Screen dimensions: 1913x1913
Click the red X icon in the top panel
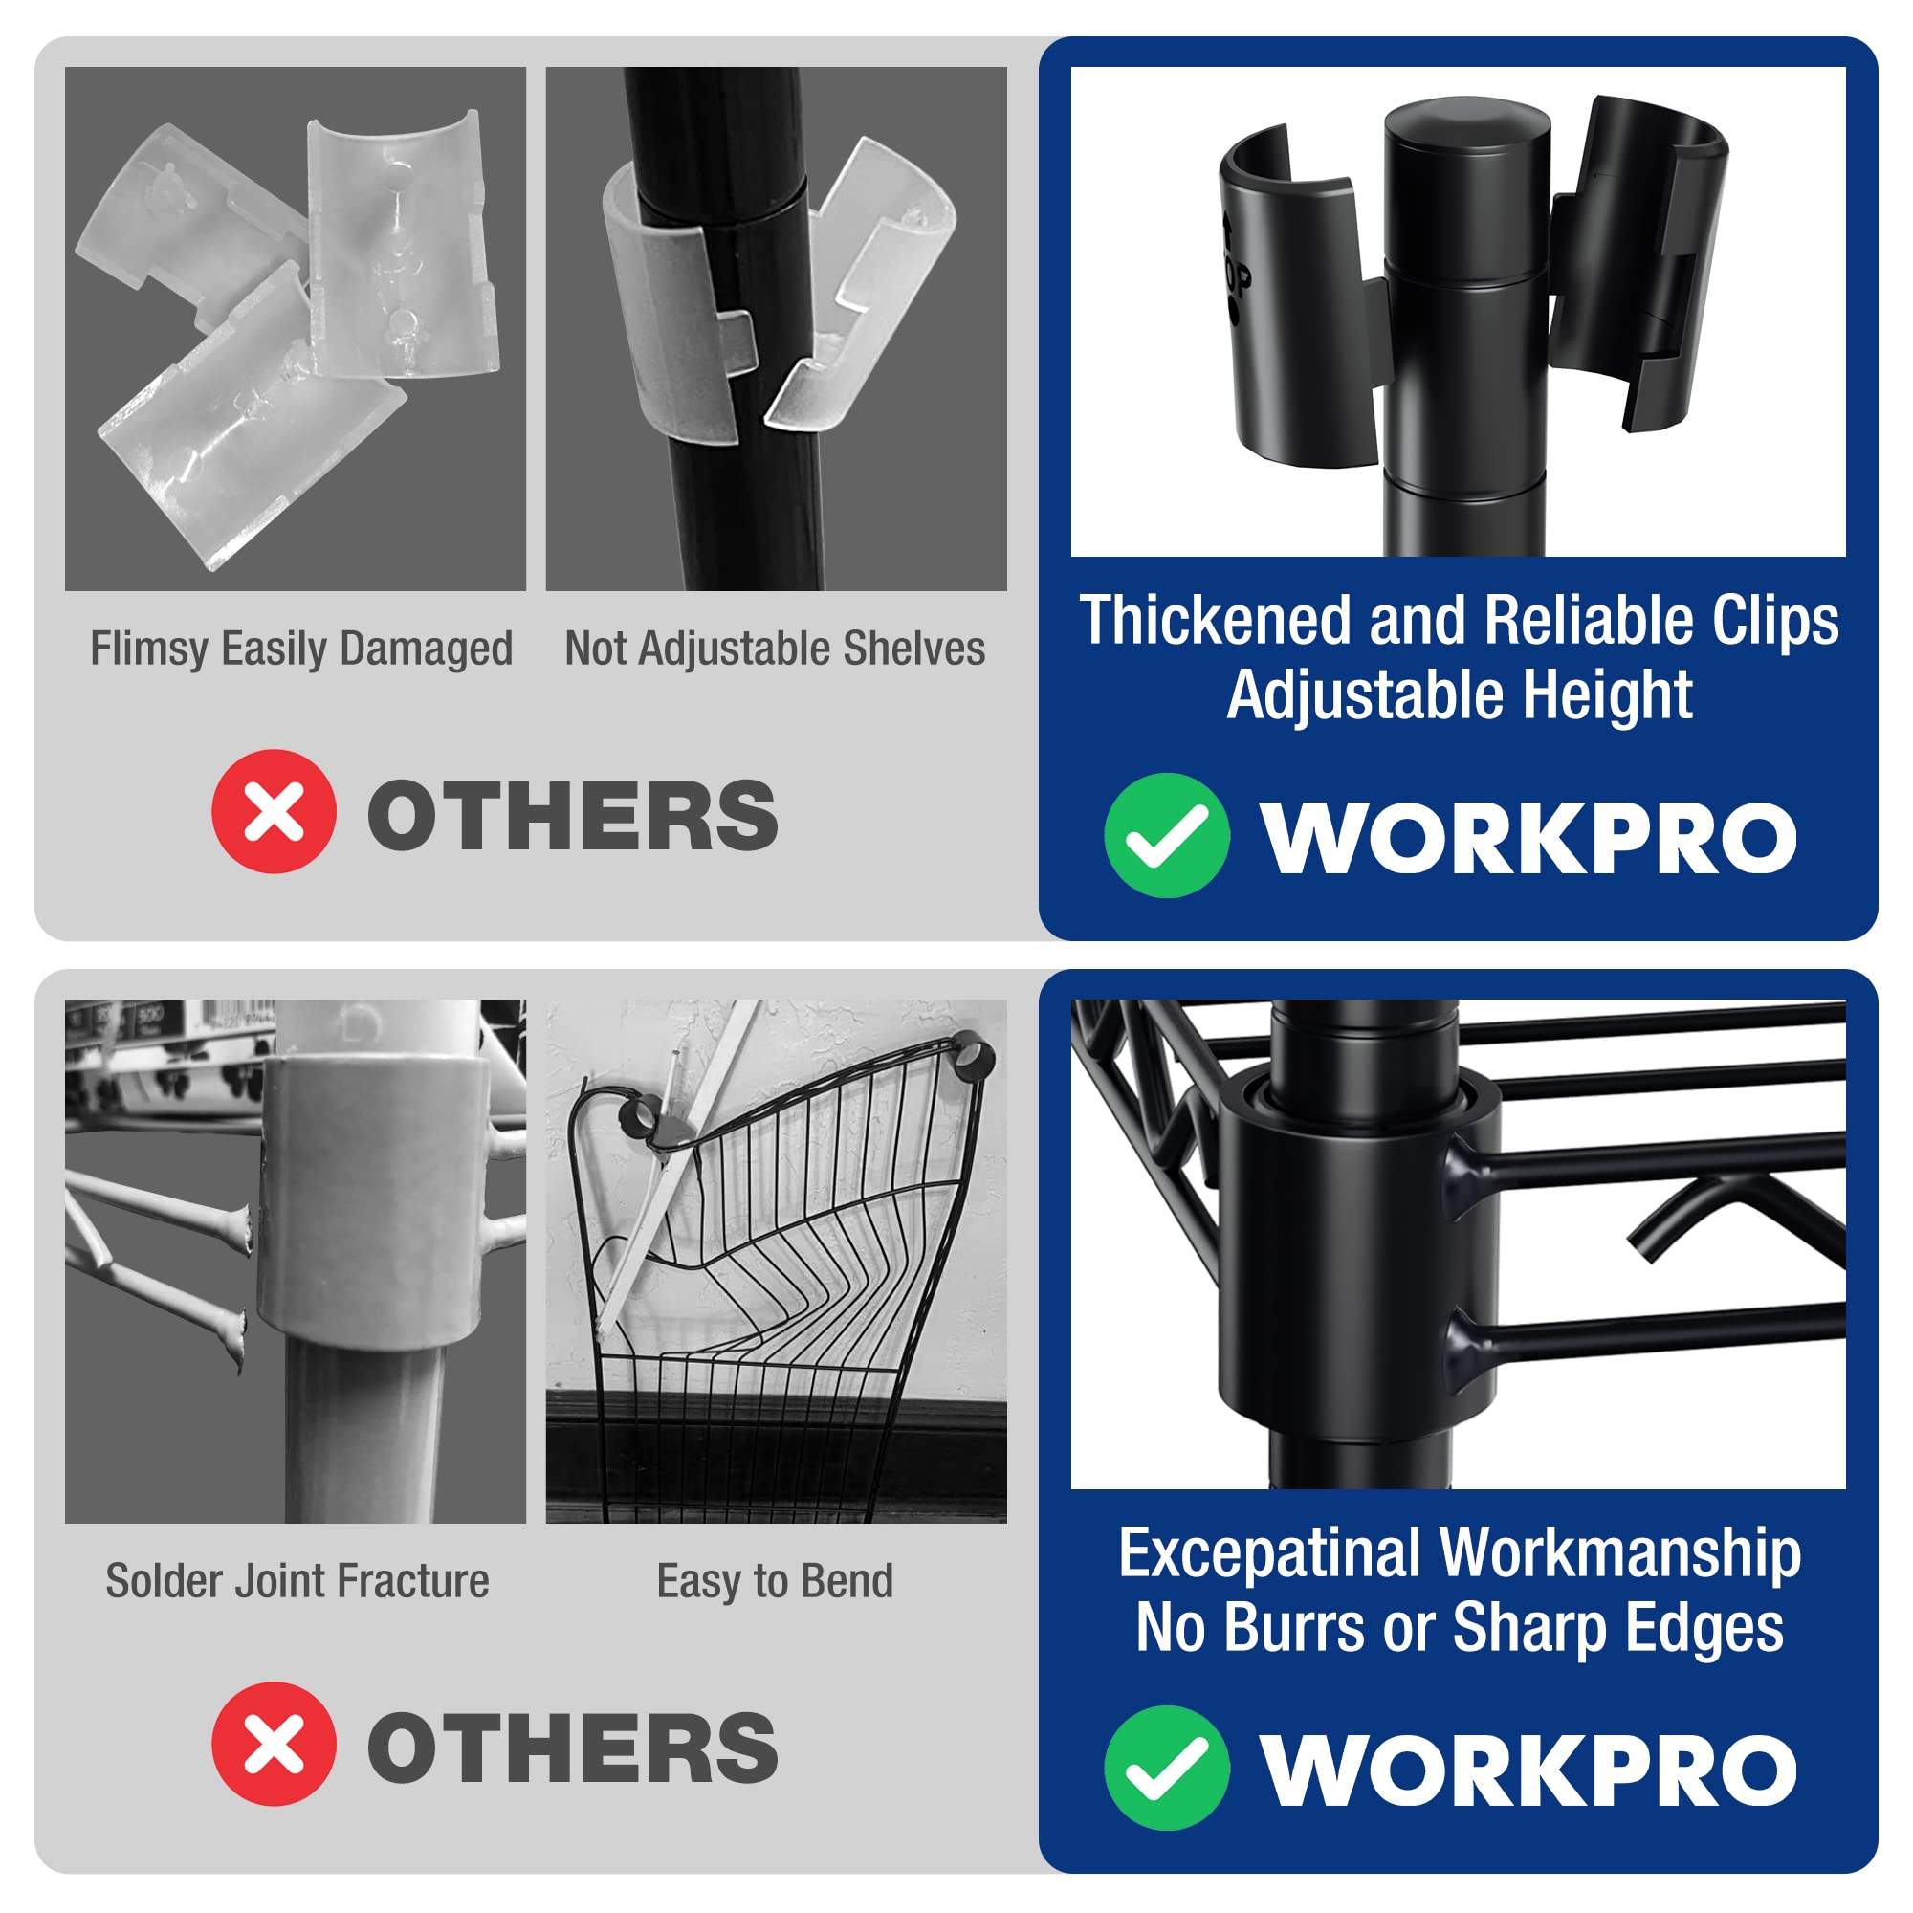(x=274, y=811)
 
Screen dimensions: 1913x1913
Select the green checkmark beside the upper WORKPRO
(x=1166, y=835)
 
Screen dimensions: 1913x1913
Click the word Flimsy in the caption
(x=148, y=649)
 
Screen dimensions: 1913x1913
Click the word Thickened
(x=1216, y=621)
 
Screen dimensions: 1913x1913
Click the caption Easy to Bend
(x=775, y=1581)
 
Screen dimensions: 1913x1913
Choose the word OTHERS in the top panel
(x=572, y=815)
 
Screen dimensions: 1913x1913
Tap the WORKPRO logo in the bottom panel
(x=1528, y=1770)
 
